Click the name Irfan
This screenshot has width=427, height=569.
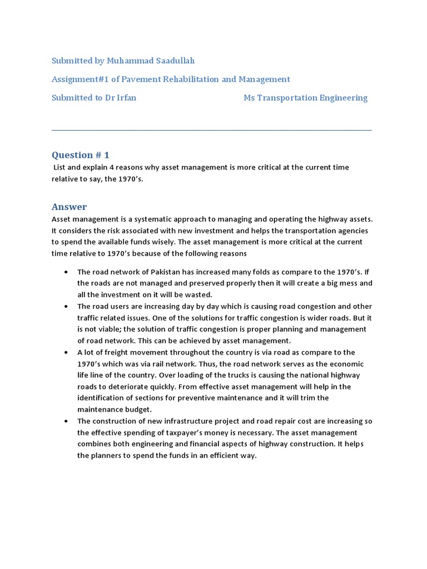click(x=125, y=98)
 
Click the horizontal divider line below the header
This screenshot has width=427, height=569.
click(x=211, y=131)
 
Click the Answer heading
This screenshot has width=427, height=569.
click(x=69, y=207)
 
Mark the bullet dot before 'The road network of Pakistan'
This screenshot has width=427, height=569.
click(x=66, y=272)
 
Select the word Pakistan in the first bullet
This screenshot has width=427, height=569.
click(x=169, y=272)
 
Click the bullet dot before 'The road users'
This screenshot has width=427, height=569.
click(x=66, y=307)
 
